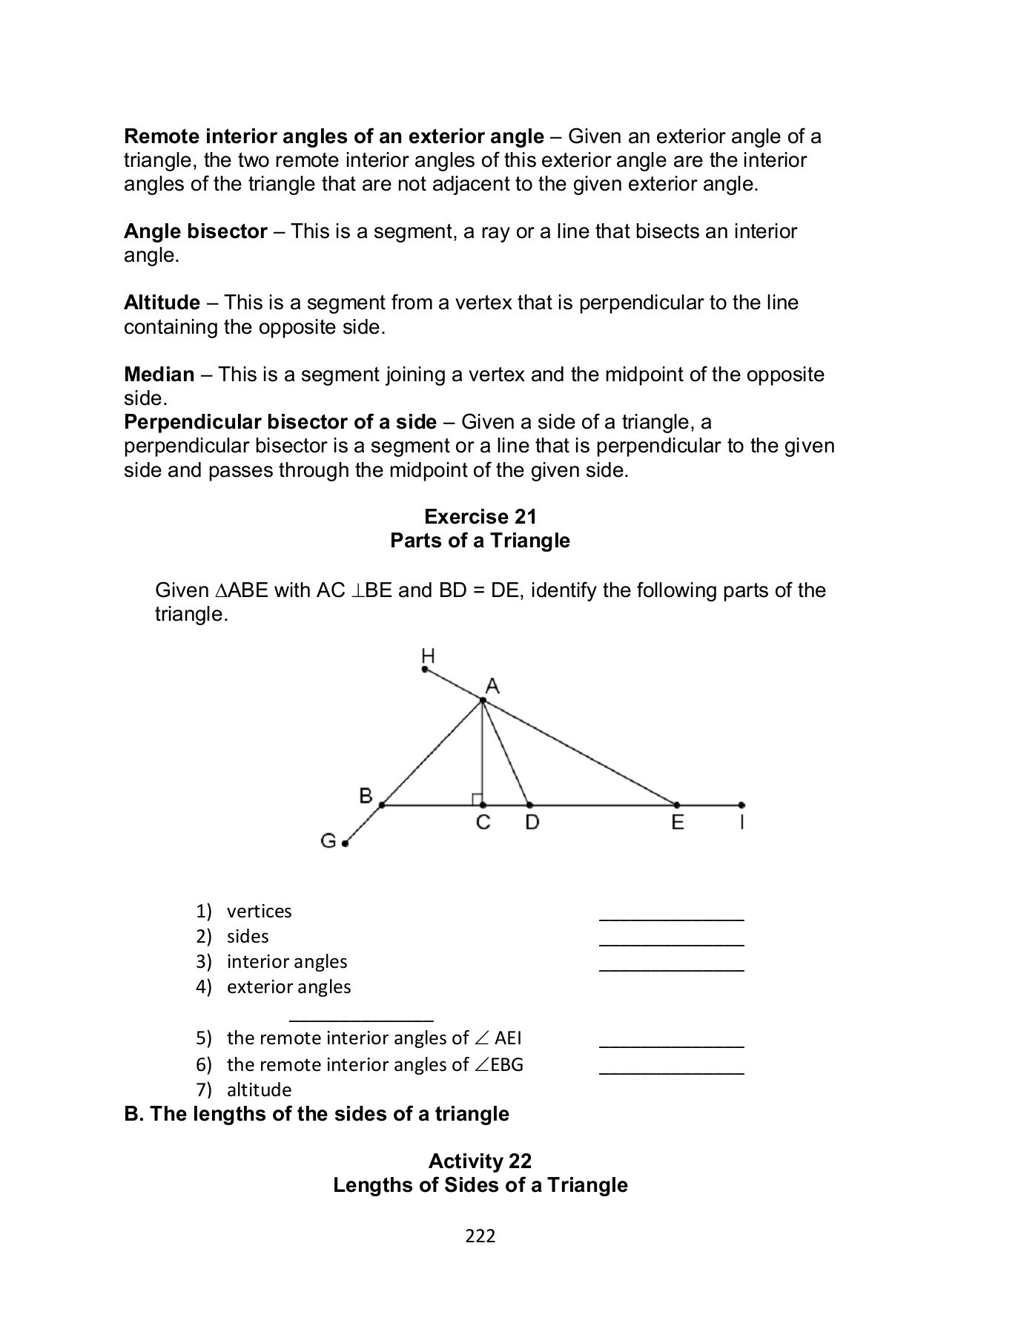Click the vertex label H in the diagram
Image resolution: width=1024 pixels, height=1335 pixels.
pos(428,656)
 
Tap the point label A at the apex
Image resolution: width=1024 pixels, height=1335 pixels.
pos(492,686)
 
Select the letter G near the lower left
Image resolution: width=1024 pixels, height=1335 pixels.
pos(328,841)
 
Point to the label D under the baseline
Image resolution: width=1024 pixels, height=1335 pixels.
pos(532,823)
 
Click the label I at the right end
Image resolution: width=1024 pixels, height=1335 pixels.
pos(741,823)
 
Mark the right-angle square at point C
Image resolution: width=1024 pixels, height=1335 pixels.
pos(477,799)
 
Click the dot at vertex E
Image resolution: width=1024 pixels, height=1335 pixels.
pos(677,805)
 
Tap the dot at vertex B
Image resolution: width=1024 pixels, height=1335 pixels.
pos(382,805)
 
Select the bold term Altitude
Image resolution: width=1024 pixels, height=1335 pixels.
pos(162,303)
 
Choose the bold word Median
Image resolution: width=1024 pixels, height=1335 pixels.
pos(159,374)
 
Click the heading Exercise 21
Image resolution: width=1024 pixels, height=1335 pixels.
pos(480,516)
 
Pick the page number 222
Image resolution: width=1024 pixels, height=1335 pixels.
pos(480,1236)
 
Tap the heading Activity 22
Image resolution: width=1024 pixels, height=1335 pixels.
pos(480,1161)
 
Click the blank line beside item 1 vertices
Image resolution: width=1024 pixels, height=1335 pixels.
pos(671,918)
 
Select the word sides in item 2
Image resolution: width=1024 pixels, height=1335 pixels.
pos(248,936)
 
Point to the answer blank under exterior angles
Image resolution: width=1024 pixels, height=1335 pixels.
pos(361,1019)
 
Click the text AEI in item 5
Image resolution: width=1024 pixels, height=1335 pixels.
pos(508,1038)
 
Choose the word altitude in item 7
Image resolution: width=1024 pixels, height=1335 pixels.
pos(259,1090)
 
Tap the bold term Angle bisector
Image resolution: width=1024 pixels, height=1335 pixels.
pos(195,231)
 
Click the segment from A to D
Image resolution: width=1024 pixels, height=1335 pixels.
pos(506,754)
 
